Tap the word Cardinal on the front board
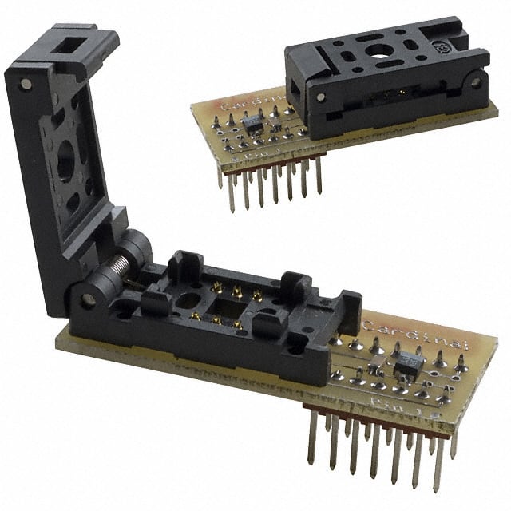398,329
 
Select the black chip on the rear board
252,122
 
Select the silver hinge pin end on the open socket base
88,300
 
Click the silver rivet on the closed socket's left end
321,97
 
